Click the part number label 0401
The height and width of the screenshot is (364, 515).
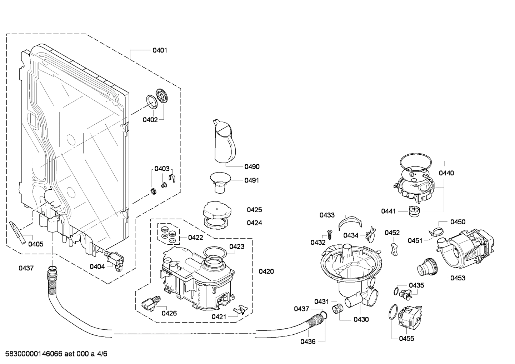click(x=160, y=50)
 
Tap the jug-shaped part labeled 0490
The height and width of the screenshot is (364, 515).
click(x=222, y=141)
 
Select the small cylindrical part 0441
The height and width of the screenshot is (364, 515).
click(x=414, y=211)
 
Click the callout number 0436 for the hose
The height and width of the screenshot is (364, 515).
click(x=307, y=342)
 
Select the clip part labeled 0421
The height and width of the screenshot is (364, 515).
click(x=240, y=309)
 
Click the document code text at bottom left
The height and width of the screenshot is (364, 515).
click(x=54, y=354)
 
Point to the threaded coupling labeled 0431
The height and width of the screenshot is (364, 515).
click(x=337, y=308)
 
